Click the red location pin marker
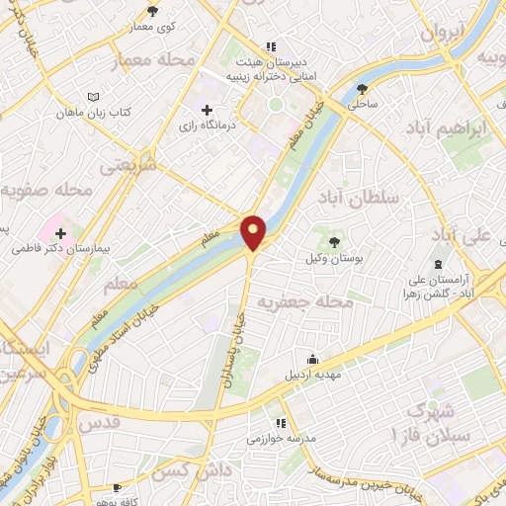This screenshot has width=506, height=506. tap(254, 231)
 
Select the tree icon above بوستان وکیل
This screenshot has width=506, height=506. tap(334, 240)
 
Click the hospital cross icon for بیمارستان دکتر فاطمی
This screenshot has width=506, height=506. tap(61, 233)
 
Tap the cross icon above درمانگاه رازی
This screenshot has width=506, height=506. tap(207, 109)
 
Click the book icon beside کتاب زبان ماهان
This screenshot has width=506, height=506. tap(93, 98)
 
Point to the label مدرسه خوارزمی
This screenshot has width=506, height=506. tap(281, 436)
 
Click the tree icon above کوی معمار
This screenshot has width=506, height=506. tap(152, 11)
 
